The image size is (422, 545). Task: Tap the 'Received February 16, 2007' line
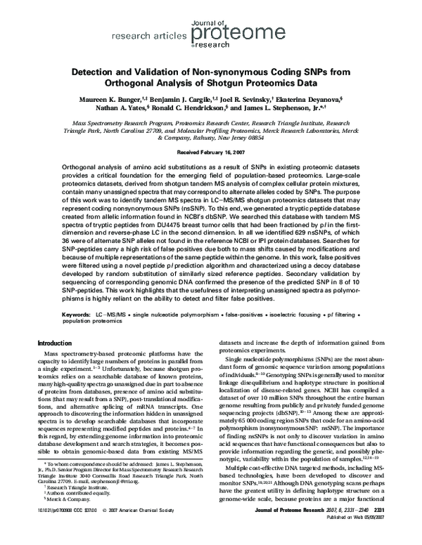pyautogui.click(x=210, y=151)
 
